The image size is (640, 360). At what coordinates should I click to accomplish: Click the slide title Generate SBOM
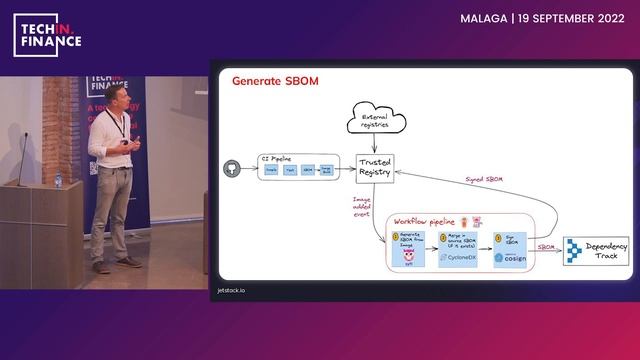click(x=275, y=81)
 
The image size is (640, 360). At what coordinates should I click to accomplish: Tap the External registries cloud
click(x=374, y=121)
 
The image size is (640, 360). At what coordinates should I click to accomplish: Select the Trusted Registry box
click(x=374, y=167)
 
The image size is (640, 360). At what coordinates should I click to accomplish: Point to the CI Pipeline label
click(x=277, y=158)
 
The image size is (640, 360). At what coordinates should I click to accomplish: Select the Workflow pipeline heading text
click(x=424, y=220)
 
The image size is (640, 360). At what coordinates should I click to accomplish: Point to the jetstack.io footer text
click(x=232, y=289)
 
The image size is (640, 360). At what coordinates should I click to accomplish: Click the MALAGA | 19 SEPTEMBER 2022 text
click(x=543, y=18)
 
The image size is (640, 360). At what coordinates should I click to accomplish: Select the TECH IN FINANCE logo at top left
click(x=48, y=37)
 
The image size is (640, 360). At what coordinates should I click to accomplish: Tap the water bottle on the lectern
click(x=58, y=180)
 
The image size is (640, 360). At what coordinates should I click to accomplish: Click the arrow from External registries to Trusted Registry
click(x=374, y=143)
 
